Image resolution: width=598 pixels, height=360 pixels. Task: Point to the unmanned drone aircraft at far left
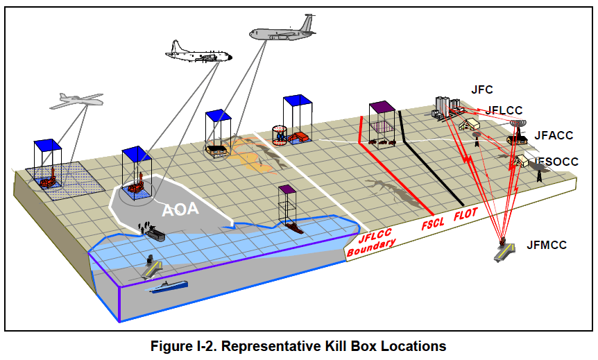(76, 101)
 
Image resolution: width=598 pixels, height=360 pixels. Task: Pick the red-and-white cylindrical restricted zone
(279, 133)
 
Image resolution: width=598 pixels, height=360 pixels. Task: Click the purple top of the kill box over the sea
(287, 189)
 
